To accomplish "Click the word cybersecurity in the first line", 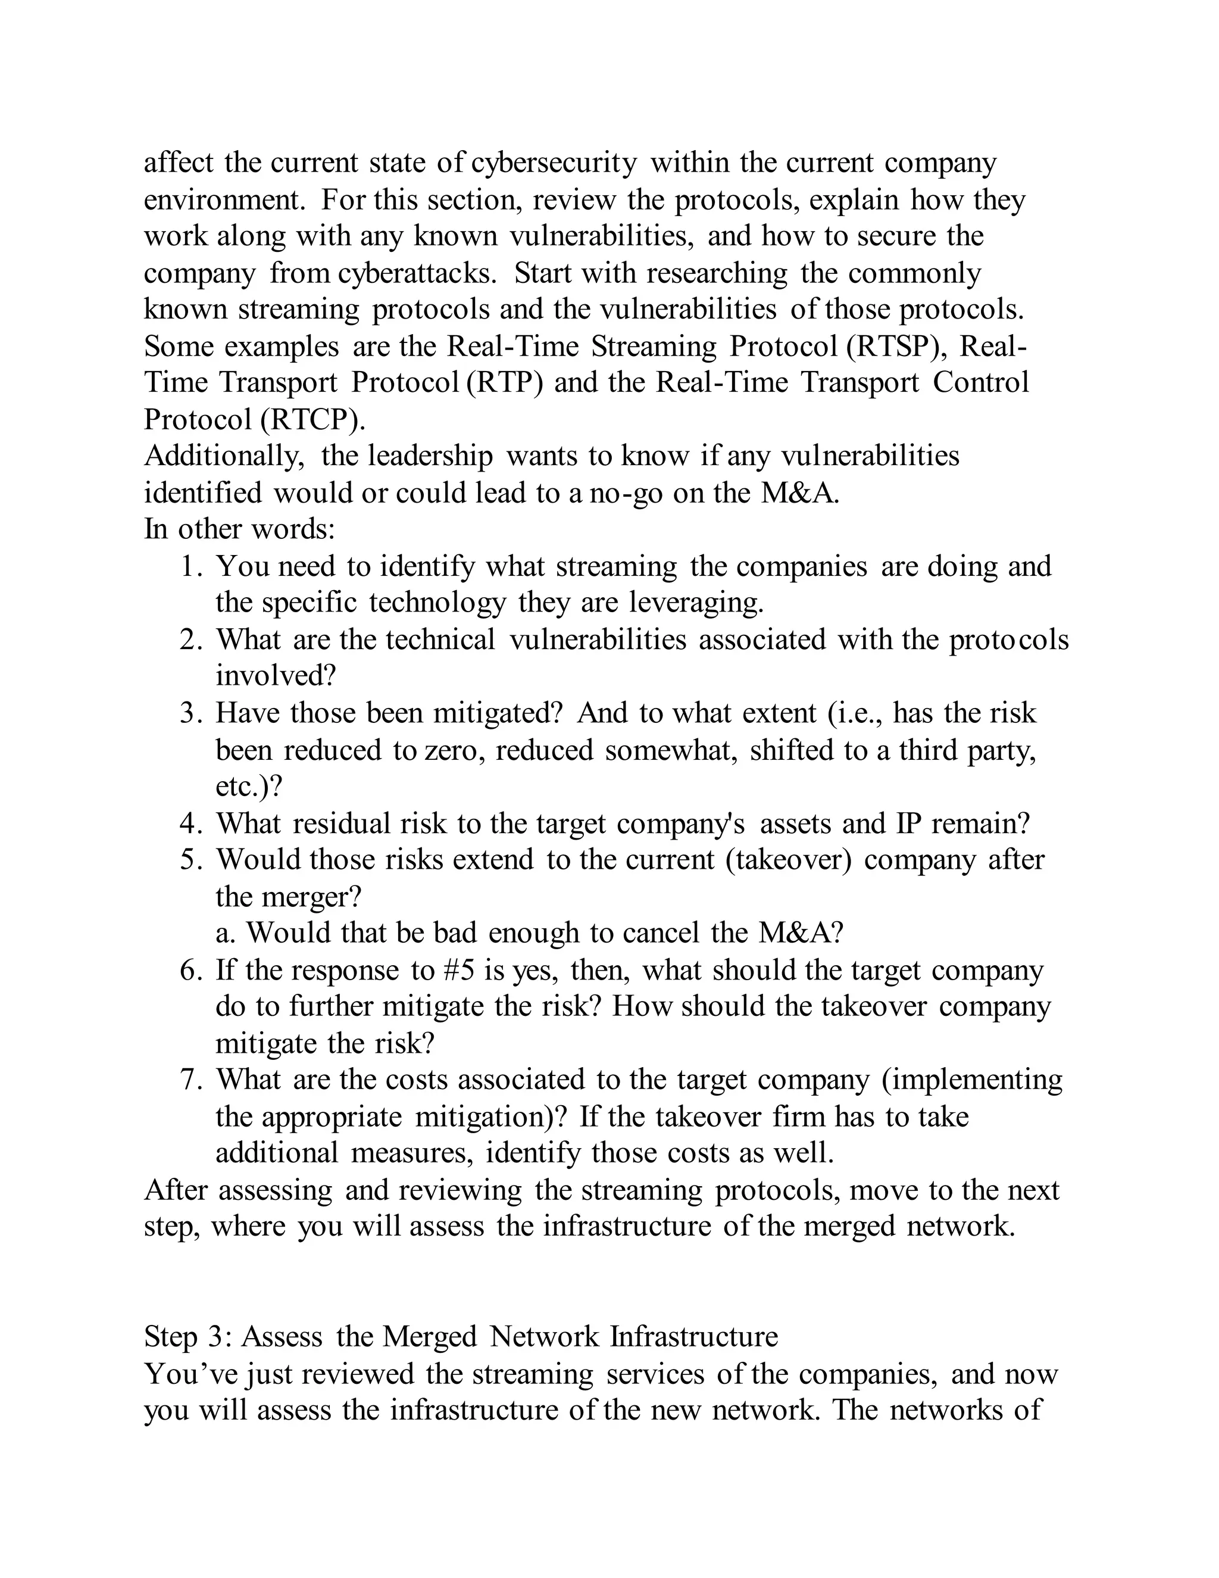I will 554,163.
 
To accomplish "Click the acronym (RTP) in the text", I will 504,383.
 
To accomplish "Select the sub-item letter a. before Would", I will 226,934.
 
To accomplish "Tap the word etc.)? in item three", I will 248,787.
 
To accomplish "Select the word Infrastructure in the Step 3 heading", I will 694,1337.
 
